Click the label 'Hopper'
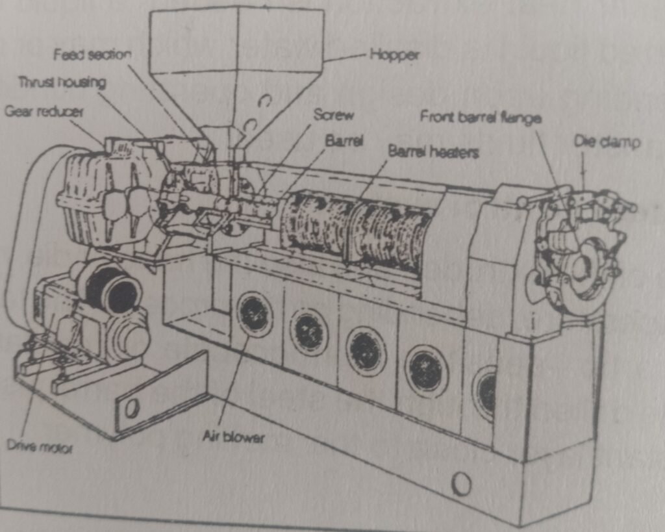click(394, 55)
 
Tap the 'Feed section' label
click(92, 55)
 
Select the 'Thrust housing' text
click(62, 82)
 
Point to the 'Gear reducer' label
click(44, 111)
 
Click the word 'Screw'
click(334, 115)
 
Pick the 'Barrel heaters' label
click(433, 151)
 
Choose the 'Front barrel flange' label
click(481, 117)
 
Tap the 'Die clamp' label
click(607, 141)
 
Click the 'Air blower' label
click(233, 437)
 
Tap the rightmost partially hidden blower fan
click(486, 391)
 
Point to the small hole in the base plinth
click(461, 483)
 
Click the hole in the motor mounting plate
click(132, 407)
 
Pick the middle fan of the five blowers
click(366, 351)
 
